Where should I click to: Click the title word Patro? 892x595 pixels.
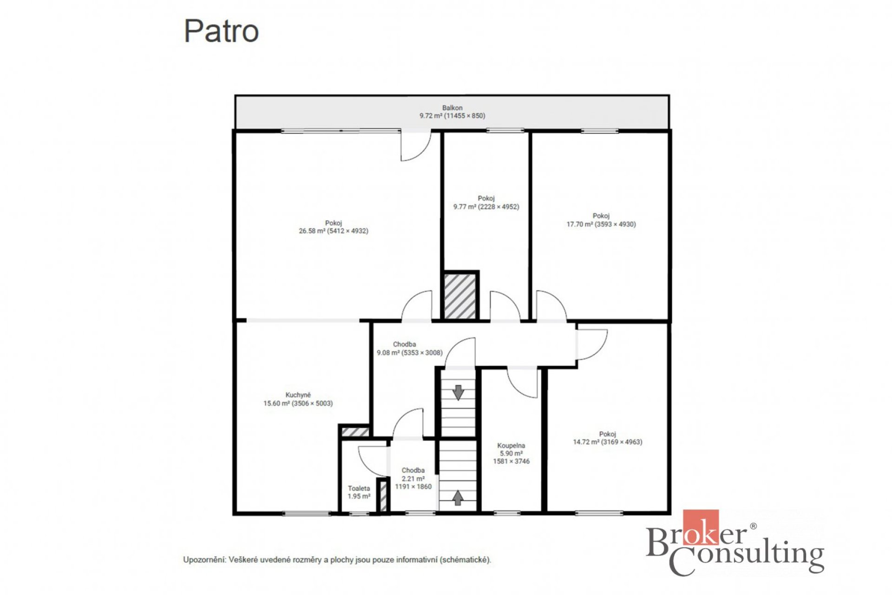(221, 31)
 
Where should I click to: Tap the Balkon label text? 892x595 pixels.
(452, 108)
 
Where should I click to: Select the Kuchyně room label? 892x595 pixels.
(298, 395)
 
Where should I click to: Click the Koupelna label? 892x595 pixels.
(511, 445)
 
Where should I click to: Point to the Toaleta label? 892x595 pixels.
(359, 488)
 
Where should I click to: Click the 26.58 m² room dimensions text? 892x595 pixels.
(334, 231)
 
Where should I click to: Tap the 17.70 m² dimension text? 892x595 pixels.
(601, 224)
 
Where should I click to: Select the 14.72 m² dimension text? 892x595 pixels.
(608, 442)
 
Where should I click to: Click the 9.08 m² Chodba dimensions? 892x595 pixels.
(410, 353)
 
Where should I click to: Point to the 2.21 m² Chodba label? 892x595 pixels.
(413, 478)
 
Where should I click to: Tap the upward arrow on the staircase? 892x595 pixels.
(458, 498)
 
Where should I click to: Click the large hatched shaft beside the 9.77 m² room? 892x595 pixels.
(460, 296)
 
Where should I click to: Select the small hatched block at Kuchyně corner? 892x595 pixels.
(355, 432)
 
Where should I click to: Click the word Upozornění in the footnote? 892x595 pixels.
(204, 560)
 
